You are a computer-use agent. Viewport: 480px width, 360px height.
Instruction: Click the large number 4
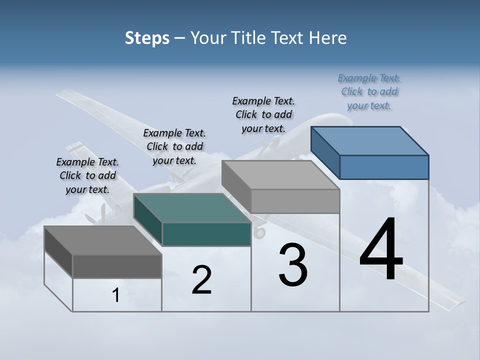[381, 250]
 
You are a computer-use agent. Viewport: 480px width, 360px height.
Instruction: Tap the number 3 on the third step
[293, 265]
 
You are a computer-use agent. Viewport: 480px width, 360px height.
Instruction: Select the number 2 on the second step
[202, 280]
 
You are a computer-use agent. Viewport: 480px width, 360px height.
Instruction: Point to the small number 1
[116, 295]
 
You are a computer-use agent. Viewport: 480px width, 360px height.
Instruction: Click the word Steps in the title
[147, 38]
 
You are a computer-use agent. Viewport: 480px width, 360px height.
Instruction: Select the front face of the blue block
[384, 167]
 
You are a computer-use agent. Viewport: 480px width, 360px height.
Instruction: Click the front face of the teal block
[206, 234]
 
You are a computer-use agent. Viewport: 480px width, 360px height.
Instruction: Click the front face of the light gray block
[295, 201]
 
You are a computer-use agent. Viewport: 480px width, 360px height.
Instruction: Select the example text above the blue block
[369, 92]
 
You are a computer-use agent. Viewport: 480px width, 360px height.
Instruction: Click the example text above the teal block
[174, 146]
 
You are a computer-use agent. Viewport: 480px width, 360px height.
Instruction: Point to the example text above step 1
[87, 176]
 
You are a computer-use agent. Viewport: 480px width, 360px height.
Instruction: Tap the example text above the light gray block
[263, 114]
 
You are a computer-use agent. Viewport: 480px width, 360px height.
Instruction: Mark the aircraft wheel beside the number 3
[259, 232]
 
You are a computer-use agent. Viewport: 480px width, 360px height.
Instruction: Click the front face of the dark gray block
[117, 266]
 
